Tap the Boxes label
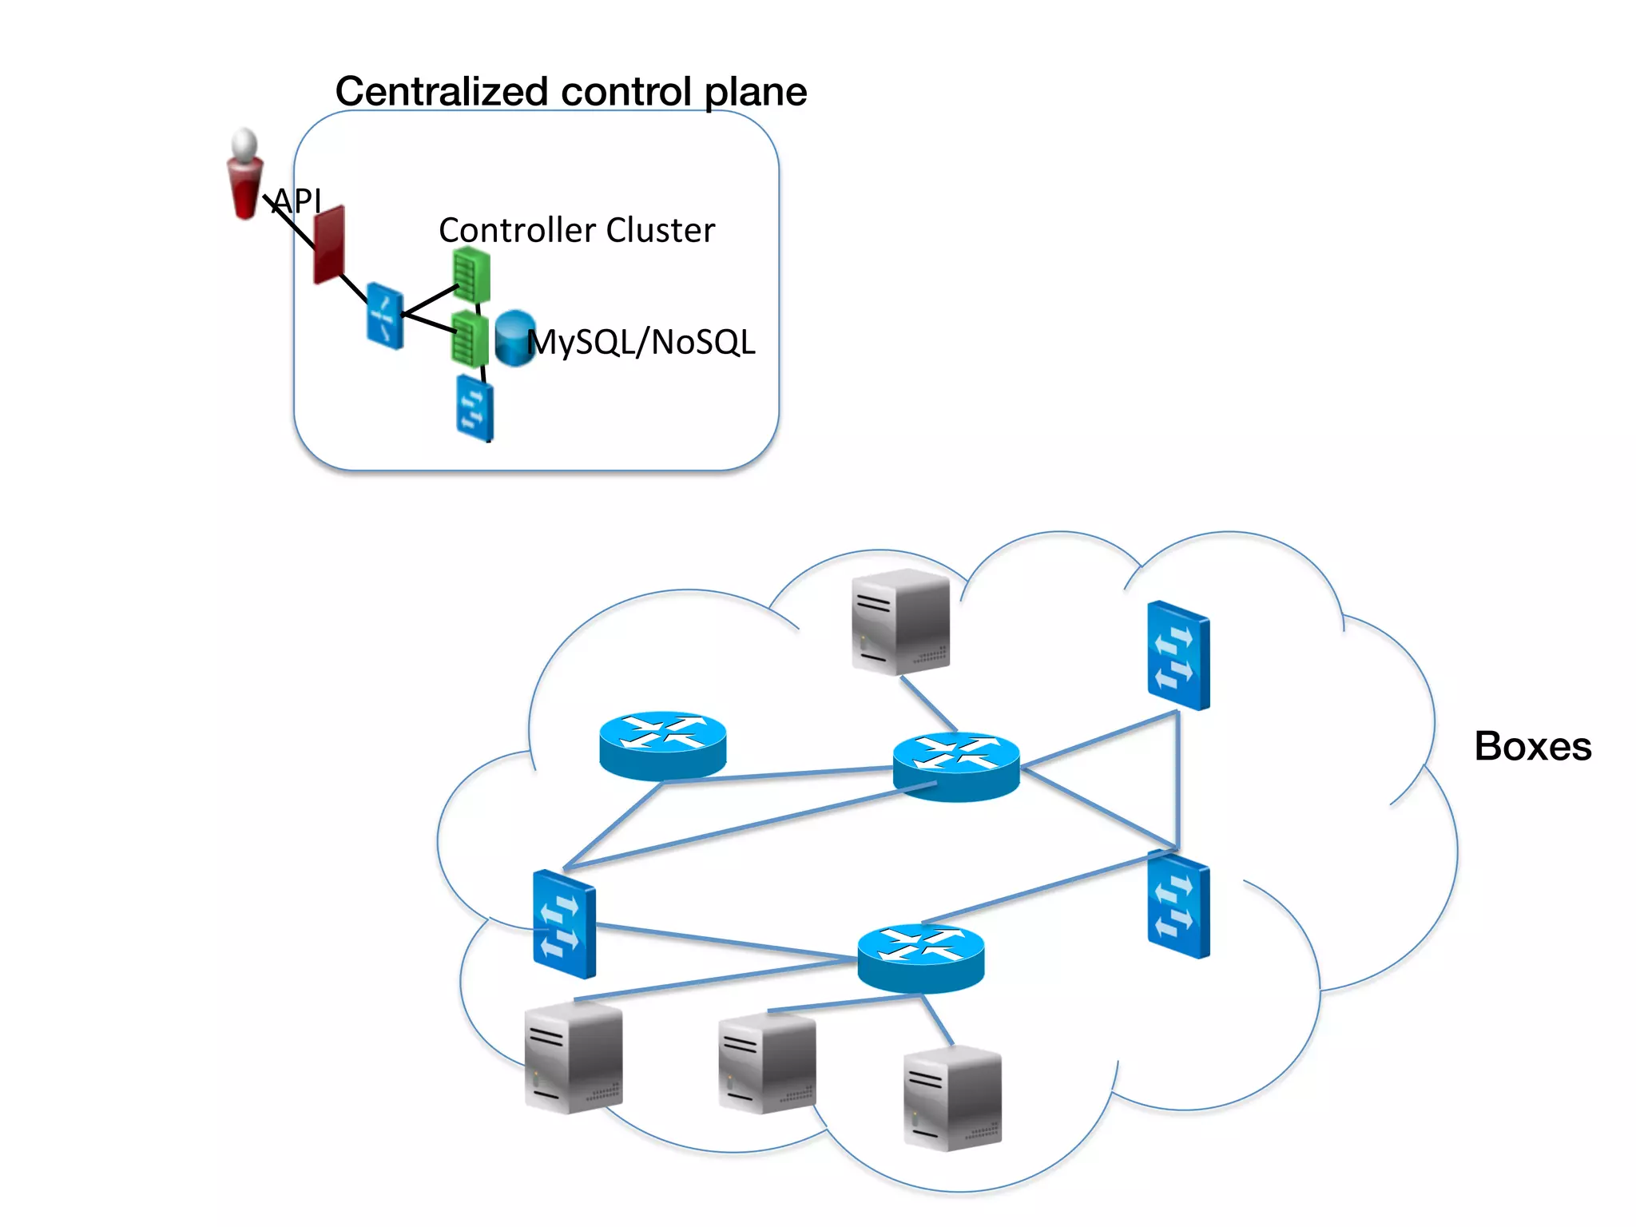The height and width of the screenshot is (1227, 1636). pyautogui.click(x=1532, y=746)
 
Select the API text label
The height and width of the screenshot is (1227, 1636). pyautogui.click(x=297, y=201)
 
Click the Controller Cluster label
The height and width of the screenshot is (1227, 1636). pyautogui.click(x=577, y=230)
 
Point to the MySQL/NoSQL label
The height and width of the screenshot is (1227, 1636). pyautogui.click(x=641, y=342)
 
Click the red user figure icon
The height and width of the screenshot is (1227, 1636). pyautogui.click(x=244, y=174)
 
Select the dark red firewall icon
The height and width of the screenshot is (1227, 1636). pyautogui.click(x=329, y=244)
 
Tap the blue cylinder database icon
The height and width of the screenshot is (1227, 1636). pyautogui.click(x=514, y=339)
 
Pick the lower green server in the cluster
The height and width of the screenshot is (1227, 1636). pyautogui.click(x=470, y=340)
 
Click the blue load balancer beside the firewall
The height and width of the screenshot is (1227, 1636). pyautogui.click(x=385, y=316)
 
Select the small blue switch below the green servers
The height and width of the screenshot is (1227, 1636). pyautogui.click(x=475, y=407)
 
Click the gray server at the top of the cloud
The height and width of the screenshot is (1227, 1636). pyautogui.click(x=900, y=621)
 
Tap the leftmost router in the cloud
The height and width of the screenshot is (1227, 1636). pyautogui.click(x=662, y=745)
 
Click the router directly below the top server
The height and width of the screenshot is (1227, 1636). pyautogui.click(x=955, y=765)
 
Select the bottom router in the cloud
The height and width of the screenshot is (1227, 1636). pyautogui.click(x=920, y=957)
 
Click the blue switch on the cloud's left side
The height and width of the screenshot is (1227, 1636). pyautogui.click(x=564, y=924)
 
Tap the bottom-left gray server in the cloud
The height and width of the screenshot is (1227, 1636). pyautogui.click(x=573, y=1057)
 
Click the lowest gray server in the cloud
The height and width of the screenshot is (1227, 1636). pyautogui.click(x=951, y=1099)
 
